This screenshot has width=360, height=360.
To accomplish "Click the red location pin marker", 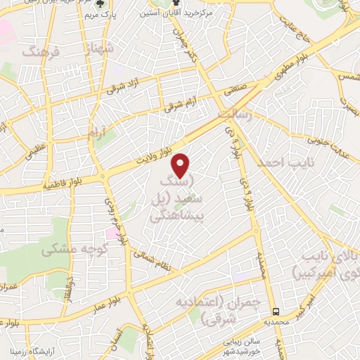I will pos(181,165).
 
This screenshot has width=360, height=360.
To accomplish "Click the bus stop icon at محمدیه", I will pos(277,311).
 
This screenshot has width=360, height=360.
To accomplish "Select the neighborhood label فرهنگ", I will pos(38,51).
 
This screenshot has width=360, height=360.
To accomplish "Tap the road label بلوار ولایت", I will pos(155,148).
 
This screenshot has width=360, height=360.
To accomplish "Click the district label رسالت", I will pos(233,114).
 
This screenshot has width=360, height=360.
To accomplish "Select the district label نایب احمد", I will pos(278,162).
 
